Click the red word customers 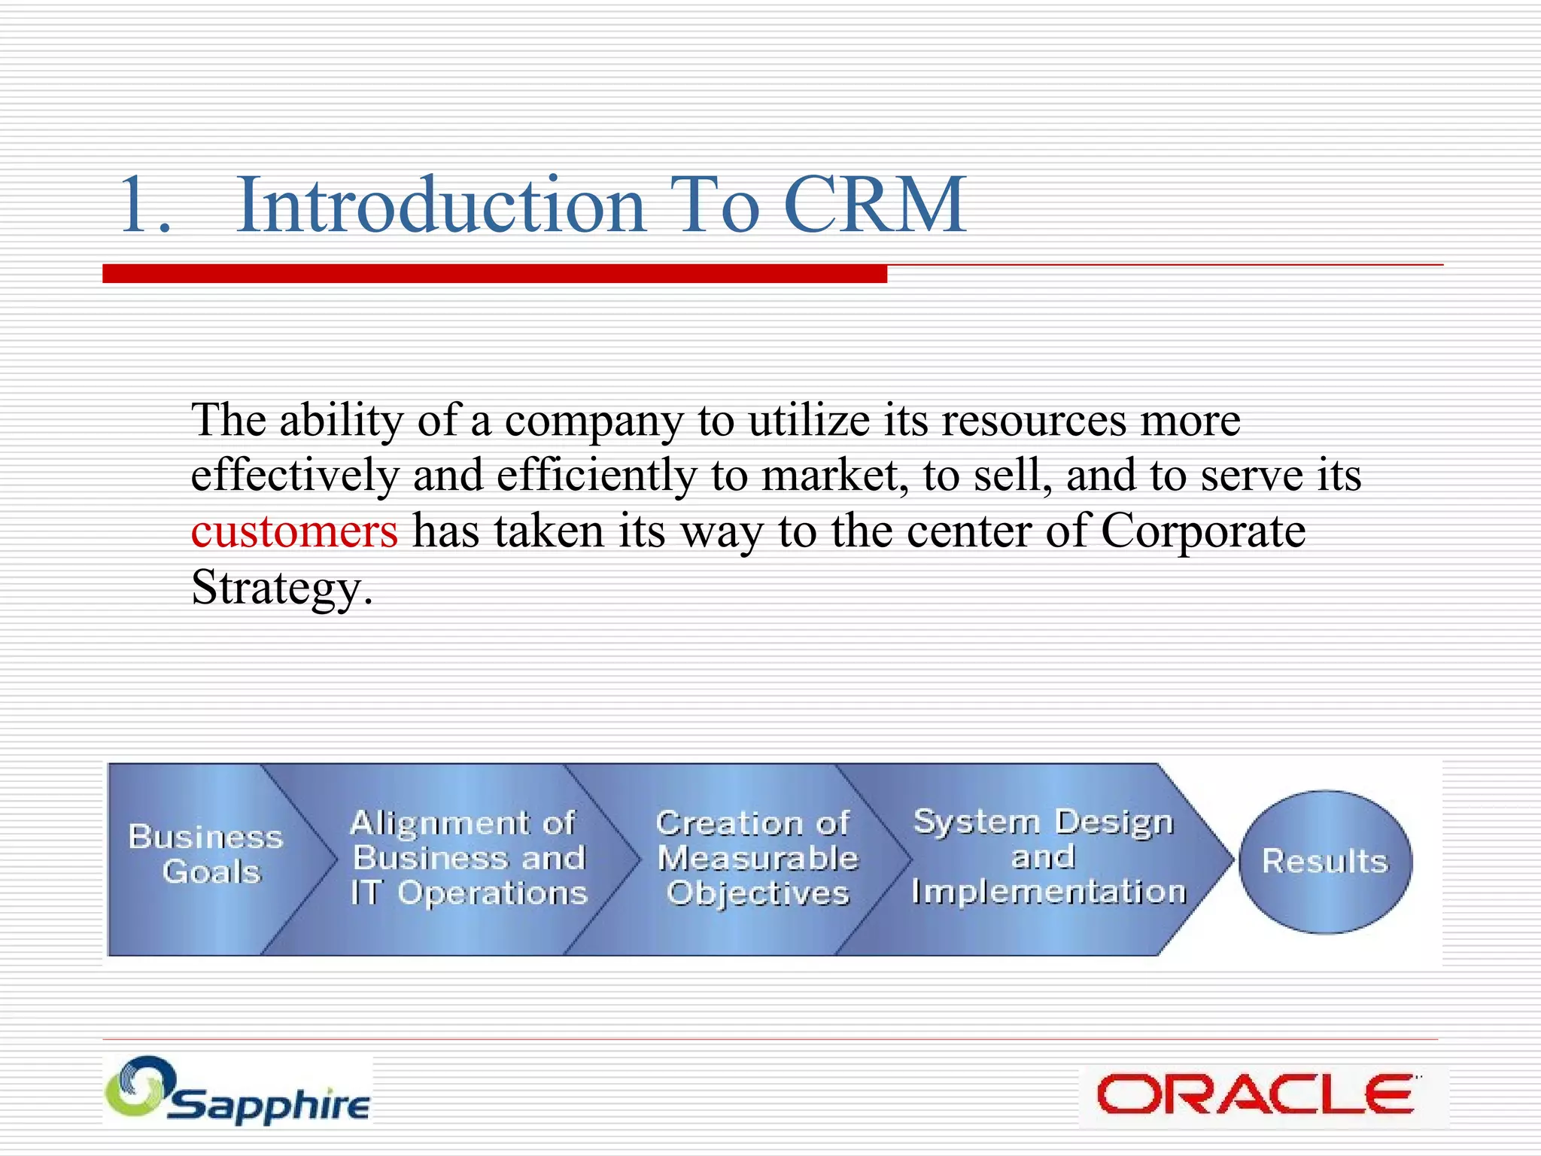coord(294,531)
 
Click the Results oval coord(1325,861)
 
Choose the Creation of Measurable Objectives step coord(756,858)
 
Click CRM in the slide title coord(874,205)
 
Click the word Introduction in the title coord(441,205)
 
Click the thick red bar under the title coord(494,274)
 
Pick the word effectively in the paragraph coord(294,476)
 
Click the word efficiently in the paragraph coord(596,476)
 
